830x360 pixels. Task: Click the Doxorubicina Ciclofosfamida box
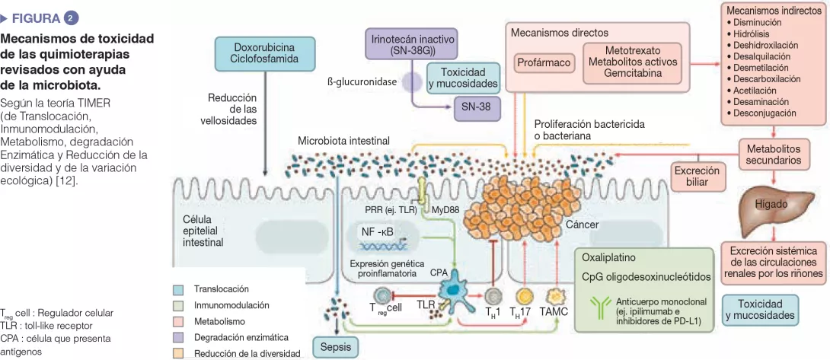[x=264, y=52]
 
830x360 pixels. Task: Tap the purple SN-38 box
[x=476, y=107]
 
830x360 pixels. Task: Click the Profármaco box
[x=544, y=62]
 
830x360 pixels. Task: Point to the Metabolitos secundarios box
[x=773, y=155]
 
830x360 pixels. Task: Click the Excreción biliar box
[x=696, y=177]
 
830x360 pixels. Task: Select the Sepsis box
[x=335, y=346]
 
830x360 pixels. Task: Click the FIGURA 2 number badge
[x=71, y=17]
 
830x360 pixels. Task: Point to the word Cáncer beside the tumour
[x=582, y=225]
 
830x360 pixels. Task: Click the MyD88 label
[x=447, y=209]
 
